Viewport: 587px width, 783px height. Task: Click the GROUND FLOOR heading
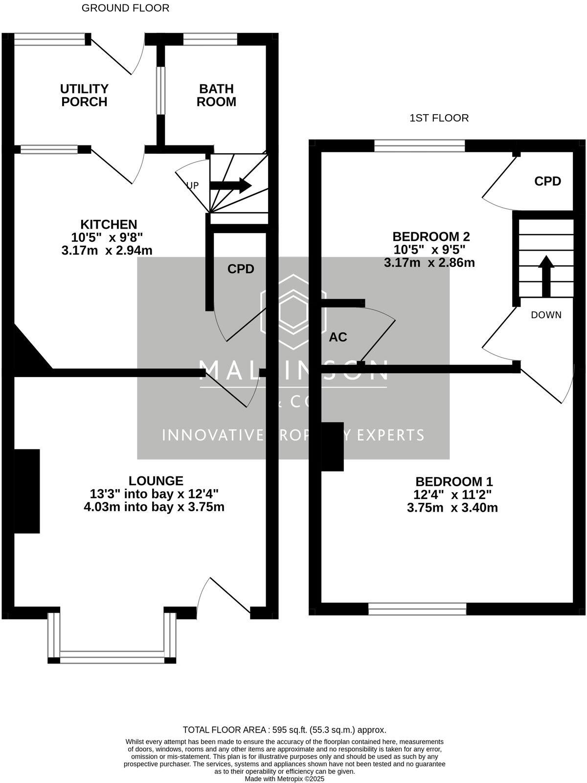125,8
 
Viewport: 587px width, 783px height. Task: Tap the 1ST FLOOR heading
439,118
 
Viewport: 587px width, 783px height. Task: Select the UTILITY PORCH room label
84,95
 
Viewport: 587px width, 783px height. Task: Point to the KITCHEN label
108,224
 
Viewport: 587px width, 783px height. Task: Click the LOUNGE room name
156,480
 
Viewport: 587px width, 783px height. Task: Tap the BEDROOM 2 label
431,237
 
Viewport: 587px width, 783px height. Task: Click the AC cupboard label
338,337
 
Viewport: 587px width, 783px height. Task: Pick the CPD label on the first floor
547,181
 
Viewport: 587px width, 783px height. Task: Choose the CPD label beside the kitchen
241,269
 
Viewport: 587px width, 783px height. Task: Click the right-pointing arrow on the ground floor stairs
231,186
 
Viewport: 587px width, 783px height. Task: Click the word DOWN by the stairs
546,315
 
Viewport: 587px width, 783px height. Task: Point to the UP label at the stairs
192,186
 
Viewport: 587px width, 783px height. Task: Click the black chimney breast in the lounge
26,491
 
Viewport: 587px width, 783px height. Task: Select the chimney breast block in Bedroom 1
332,446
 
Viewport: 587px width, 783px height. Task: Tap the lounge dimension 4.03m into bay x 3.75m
154,507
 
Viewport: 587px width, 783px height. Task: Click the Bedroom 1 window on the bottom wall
417,609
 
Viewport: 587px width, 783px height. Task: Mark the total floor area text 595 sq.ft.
284,730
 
